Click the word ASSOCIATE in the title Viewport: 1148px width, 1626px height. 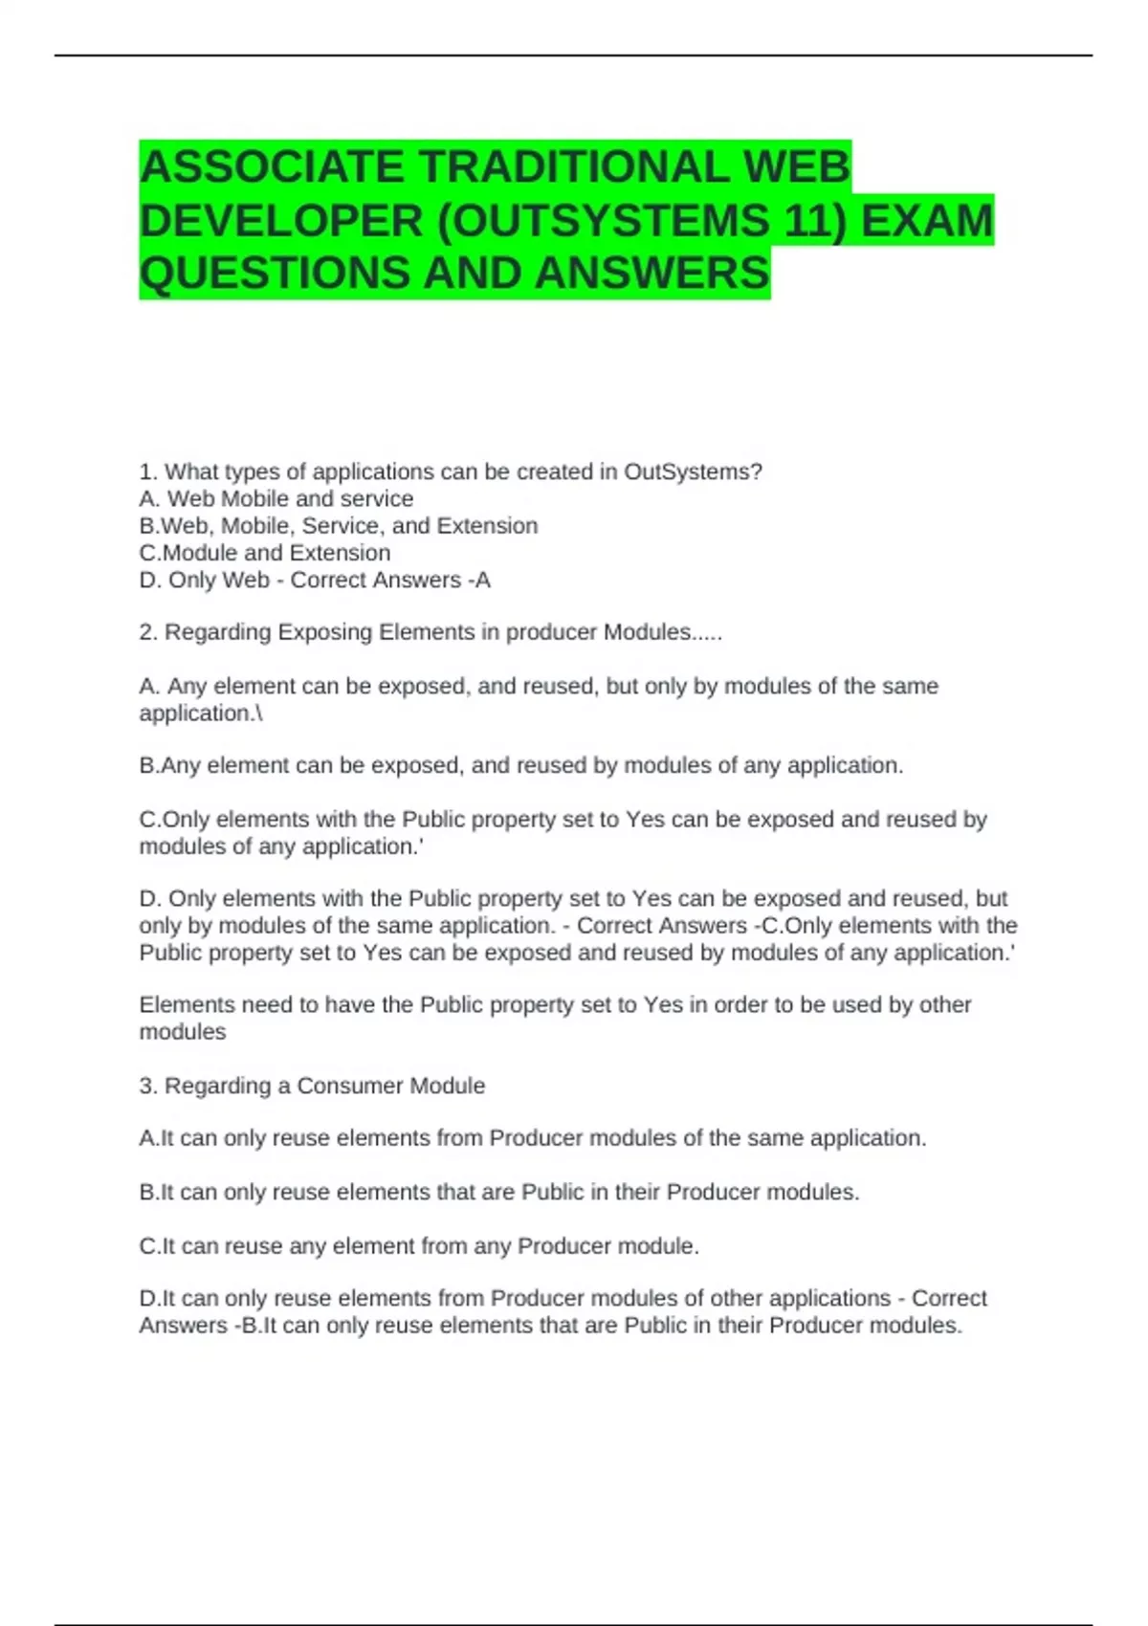click(272, 167)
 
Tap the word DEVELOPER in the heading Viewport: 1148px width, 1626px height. click(281, 221)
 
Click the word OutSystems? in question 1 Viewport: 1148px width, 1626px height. click(693, 472)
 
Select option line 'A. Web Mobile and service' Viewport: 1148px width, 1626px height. click(276, 498)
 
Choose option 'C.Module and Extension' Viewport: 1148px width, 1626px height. click(265, 553)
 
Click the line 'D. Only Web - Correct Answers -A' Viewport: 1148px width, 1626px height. click(315, 580)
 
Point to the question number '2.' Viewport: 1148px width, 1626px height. click(148, 632)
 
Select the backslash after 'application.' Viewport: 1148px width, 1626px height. click(258, 714)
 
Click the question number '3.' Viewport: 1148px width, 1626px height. click(148, 1086)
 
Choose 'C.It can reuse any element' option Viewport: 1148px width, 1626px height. click(419, 1246)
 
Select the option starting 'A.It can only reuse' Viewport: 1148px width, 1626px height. click(533, 1138)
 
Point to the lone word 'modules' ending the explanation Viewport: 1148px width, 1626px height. click(183, 1032)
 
